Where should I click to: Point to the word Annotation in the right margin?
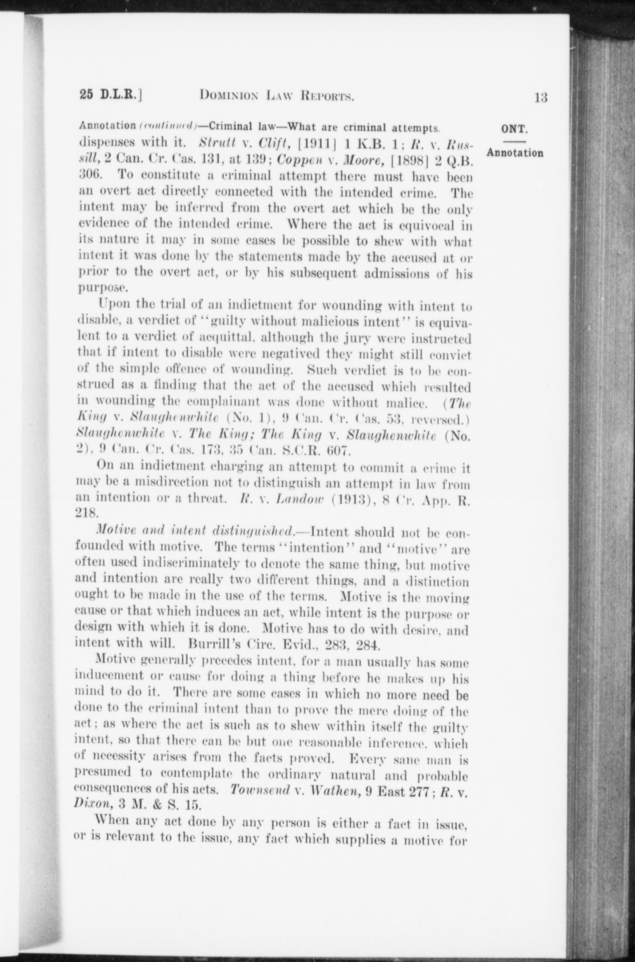click(515, 153)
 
